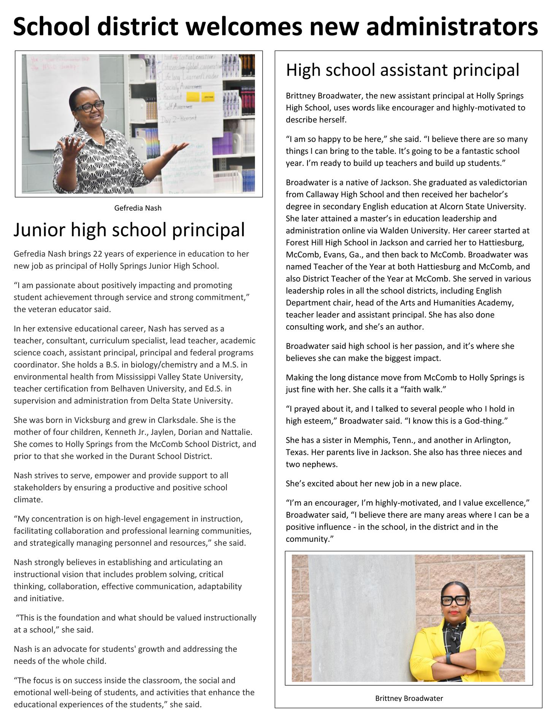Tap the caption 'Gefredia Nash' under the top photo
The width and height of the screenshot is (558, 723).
pos(138,208)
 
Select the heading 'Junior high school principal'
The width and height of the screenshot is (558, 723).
pos(129,230)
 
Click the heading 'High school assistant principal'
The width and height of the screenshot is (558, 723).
pos(403,70)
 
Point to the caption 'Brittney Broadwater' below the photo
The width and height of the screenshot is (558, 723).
pos(409,698)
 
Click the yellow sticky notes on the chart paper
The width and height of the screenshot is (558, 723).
pos(201,96)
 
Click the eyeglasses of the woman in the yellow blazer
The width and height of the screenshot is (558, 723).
pos(455,600)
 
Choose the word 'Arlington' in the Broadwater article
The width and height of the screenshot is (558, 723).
pos(492,440)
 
